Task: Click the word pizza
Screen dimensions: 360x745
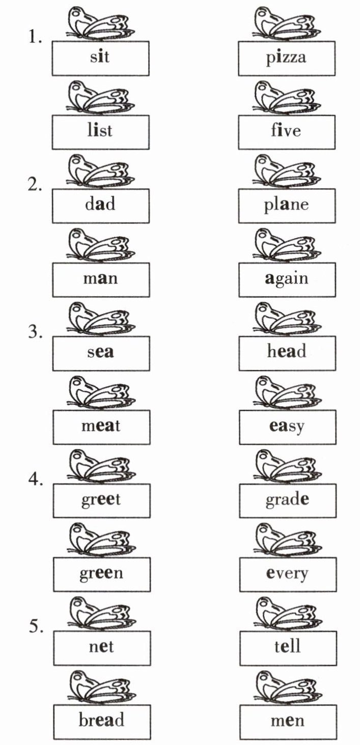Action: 286,57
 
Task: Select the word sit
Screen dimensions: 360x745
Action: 100,57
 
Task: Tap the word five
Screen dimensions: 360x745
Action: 286,131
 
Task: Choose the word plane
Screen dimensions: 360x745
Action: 286,205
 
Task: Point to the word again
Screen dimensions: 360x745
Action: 286,279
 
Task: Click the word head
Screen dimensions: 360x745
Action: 287,352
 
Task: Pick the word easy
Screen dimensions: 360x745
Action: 287,426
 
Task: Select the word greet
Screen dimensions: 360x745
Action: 101,500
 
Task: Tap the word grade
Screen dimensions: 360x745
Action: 287,500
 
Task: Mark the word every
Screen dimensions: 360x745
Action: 287,574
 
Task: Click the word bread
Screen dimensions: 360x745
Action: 101,721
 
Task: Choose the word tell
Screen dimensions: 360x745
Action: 288,647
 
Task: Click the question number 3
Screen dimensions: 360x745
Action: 35,332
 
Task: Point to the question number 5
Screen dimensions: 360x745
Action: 35,626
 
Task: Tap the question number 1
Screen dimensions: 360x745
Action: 35,37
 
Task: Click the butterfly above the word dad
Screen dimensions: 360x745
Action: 100,170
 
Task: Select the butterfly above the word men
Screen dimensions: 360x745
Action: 288,687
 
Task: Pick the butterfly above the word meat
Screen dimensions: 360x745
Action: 100,392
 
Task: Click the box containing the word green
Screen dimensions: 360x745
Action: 101,574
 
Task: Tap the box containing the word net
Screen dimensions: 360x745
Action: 101,647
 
